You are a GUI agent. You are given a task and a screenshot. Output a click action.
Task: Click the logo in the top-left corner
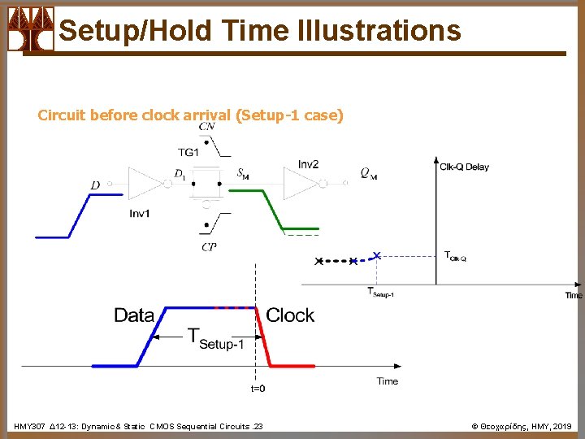point(31,29)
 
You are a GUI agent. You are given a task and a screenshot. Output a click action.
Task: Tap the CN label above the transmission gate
point(207,126)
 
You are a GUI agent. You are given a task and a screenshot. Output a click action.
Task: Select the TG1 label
point(188,152)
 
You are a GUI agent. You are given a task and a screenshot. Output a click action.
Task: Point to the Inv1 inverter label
point(140,213)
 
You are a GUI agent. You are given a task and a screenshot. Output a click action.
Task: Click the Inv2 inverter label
point(308,164)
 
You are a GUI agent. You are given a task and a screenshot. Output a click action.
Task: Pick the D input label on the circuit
point(95,185)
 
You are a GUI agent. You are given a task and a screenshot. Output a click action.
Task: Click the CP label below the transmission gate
point(209,246)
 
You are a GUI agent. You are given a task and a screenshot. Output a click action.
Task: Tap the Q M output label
point(368,173)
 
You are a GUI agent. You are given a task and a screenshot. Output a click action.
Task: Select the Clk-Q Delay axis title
point(465,167)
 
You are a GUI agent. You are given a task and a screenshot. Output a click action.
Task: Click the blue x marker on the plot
point(375,254)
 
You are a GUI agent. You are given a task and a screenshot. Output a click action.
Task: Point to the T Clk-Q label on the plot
point(455,256)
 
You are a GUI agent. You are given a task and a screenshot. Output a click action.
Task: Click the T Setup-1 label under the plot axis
point(380,292)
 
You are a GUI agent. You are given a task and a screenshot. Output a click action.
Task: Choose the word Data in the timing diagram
point(134,315)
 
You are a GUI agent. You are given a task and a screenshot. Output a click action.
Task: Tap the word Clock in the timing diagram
point(290,315)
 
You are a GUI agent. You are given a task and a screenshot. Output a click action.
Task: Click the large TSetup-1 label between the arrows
point(215,337)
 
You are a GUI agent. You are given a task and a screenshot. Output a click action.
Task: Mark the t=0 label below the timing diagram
point(257,389)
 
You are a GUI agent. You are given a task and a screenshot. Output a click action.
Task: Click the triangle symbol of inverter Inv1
point(145,184)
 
